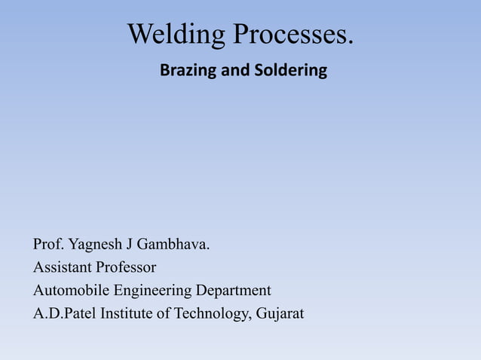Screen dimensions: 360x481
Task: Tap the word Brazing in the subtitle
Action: coord(185,72)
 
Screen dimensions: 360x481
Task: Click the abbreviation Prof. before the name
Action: coord(48,245)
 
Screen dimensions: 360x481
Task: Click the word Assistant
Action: coord(62,267)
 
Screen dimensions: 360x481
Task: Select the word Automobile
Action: coord(69,290)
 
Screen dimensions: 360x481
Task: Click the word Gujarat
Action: coord(279,313)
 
